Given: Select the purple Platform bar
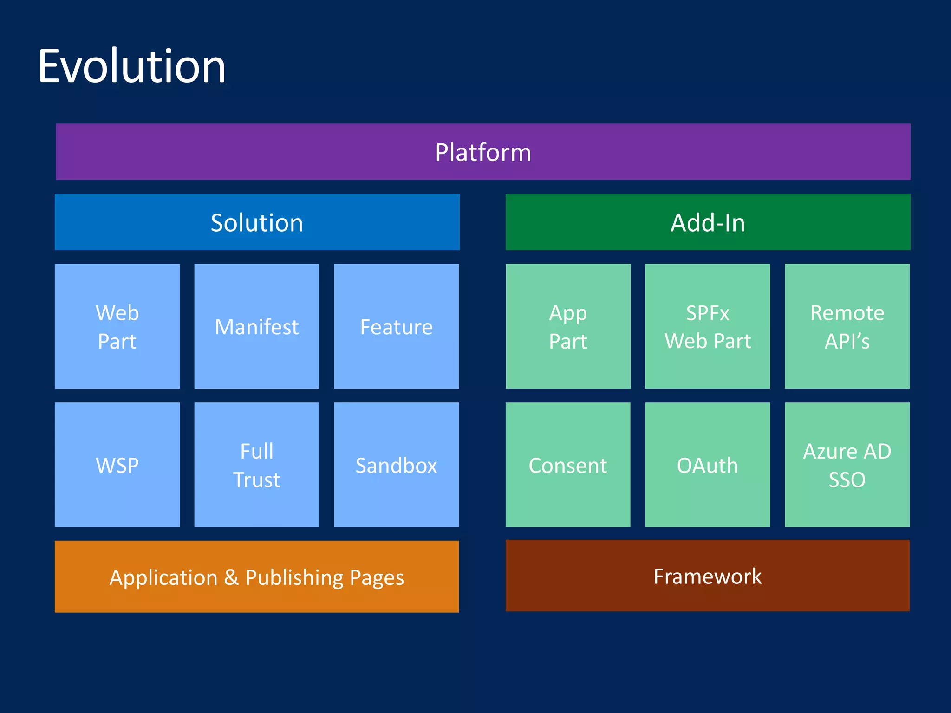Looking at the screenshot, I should (x=483, y=152).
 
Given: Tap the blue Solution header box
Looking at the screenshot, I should (x=257, y=222).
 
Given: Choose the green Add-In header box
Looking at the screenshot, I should (x=708, y=222).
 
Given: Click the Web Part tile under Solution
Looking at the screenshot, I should (x=117, y=326).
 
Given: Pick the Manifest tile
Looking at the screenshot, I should (x=256, y=326).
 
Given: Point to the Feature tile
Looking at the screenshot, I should (x=396, y=326).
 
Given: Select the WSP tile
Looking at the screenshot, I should (x=117, y=465).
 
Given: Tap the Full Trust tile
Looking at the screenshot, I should (x=256, y=465).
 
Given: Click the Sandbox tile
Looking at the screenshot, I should (x=396, y=465).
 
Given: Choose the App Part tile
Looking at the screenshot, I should (x=568, y=326).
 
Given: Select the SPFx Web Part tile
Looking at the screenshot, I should (x=707, y=326).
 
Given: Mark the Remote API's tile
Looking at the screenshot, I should (x=847, y=326).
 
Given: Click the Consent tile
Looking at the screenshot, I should (x=568, y=465).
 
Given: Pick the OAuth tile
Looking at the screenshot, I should (x=707, y=465).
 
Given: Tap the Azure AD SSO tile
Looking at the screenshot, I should (x=847, y=465).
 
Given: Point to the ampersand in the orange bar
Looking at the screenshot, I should (x=231, y=577).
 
